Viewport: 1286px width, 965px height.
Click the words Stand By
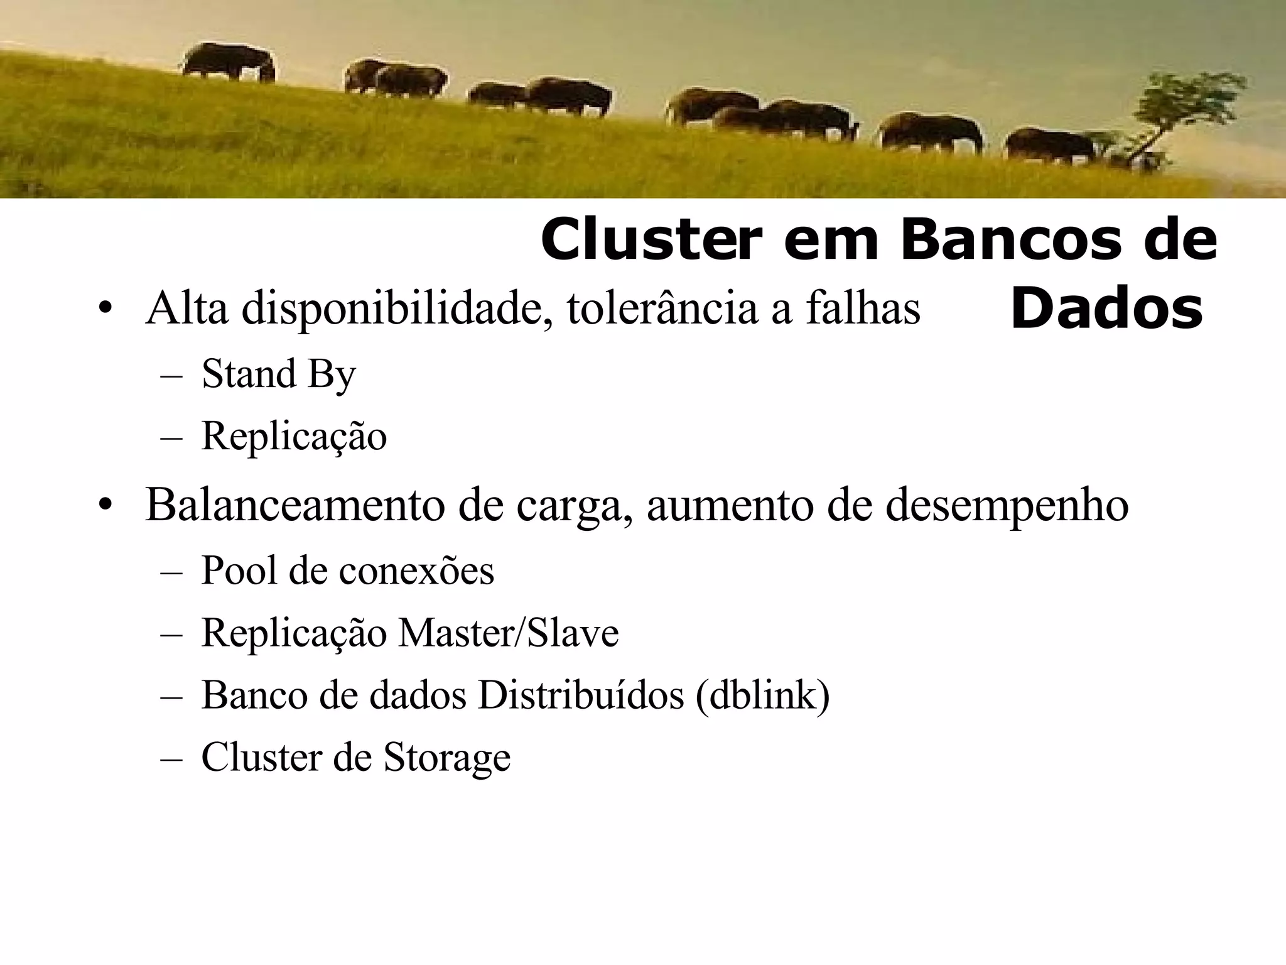278,374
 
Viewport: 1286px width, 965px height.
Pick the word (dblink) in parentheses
762,695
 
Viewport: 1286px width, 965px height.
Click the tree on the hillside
1181,113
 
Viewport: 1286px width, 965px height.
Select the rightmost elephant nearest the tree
1049,146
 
